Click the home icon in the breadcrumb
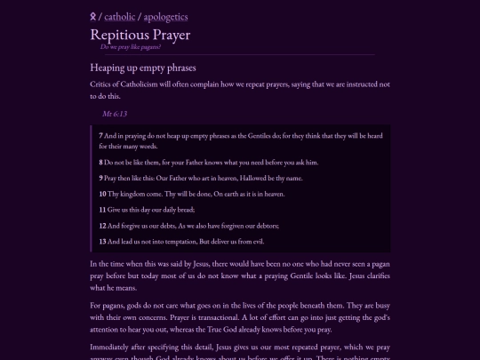click(94, 16)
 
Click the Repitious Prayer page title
click(140, 35)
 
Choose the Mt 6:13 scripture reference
click(115, 114)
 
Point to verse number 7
click(101, 135)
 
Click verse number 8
click(101, 163)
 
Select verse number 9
click(101, 178)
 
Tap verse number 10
click(102, 194)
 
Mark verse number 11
click(102, 209)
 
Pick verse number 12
click(102, 225)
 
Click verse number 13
click(102, 241)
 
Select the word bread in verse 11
click(183, 209)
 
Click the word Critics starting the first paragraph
click(102, 84)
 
